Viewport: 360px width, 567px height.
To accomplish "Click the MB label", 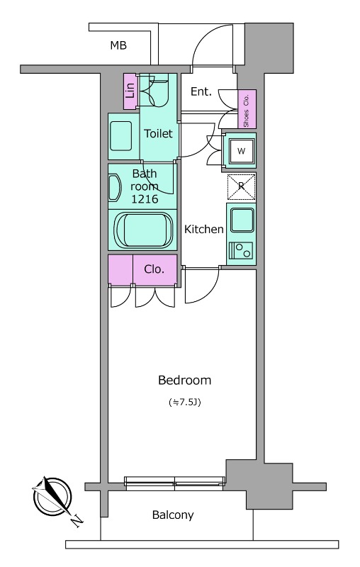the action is (118, 45).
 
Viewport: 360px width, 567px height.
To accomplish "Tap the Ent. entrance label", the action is (201, 92).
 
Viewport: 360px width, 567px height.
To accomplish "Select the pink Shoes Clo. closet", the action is (247, 109).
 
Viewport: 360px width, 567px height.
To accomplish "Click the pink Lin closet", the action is (130, 91).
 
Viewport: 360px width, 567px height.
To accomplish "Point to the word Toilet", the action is (158, 133).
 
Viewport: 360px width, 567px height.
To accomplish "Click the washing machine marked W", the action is (241, 151).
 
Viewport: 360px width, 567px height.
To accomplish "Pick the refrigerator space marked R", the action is (241, 186).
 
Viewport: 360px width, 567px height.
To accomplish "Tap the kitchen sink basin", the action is (242, 220).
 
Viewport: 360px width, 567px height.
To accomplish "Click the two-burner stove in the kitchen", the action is (240, 250).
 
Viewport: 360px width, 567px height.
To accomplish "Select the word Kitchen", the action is (204, 229).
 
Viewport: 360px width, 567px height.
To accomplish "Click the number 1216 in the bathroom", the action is (145, 198).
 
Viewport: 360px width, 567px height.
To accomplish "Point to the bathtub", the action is (143, 230).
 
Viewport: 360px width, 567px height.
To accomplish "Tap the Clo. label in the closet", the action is (154, 269).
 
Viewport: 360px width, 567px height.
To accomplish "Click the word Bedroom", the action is (185, 380).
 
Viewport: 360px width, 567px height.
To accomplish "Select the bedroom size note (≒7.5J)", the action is (185, 402).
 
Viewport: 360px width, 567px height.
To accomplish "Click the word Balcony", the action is (173, 515).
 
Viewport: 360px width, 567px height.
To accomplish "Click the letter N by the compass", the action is (77, 520).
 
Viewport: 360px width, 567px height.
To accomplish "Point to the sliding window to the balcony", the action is (174, 483).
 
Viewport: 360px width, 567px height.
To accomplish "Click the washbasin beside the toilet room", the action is (120, 136).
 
